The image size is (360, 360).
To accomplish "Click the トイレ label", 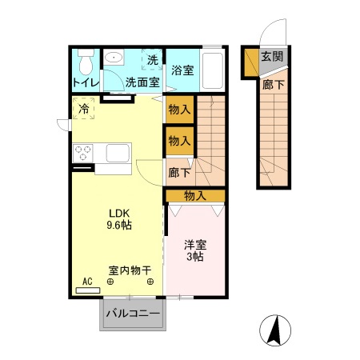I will coord(85,82).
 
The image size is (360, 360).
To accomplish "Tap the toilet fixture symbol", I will coord(86,62).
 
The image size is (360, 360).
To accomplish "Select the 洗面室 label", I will coord(144,82).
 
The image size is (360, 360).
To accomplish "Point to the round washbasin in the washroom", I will coord(115,58).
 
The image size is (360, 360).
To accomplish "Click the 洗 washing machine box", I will coord(152,59).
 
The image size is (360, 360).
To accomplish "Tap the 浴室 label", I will coord(182,70).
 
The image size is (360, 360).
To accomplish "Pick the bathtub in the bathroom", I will coord(214,70).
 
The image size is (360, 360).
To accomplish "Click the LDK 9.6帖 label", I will coord(120,218).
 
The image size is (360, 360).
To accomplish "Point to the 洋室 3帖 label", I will coord(195,251).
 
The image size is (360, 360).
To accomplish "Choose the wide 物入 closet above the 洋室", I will coord(195,195).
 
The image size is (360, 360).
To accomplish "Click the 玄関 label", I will coord(271,57).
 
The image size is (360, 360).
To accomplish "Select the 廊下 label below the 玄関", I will coord(272,82).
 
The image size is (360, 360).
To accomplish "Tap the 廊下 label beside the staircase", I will coord(179,172).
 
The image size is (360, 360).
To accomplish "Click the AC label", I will coord(87,282).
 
